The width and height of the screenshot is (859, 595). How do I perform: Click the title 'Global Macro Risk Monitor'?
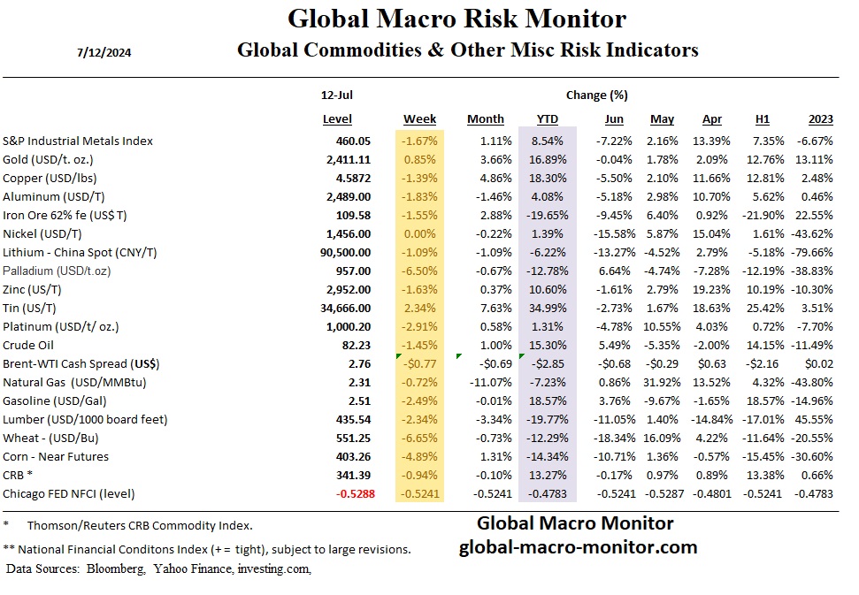[x=457, y=19]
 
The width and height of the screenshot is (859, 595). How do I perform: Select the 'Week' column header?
[x=419, y=119]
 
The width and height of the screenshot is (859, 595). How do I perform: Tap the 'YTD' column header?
[x=547, y=119]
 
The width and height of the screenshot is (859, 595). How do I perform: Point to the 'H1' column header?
[x=762, y=119]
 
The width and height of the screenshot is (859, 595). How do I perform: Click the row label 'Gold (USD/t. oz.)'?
[x=60, y=159]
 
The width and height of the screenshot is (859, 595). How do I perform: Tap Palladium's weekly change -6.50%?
[x=419, y=271]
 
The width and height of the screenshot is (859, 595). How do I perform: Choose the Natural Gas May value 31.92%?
[x=662, y=382]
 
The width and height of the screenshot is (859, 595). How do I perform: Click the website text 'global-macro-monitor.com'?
[x=578, y=547]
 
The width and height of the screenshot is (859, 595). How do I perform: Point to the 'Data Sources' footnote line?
[x=158, y=568]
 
